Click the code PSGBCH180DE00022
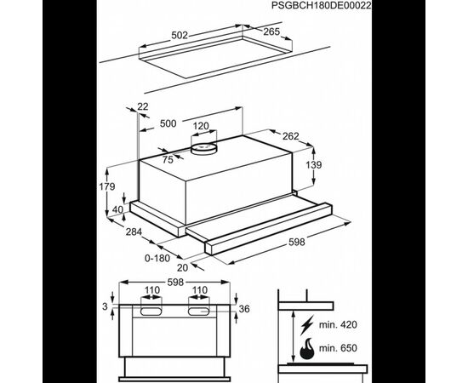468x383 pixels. tap(322, 5)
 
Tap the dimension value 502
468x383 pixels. tap(180, 35)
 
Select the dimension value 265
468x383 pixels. tap(271, 31)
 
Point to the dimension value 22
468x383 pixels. tap(143, 106)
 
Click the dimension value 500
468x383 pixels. tap(168, 123)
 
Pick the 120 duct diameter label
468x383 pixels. tap(201, 126)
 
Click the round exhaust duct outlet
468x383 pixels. tap(204, 148)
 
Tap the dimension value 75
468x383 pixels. tap(168, 160)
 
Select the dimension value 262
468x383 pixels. tap(291, 136)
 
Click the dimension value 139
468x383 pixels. tap(314, 164)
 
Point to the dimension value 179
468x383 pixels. tap(107, 186)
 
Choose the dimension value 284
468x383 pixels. tap(134, 232)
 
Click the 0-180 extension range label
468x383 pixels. tap(157, 258)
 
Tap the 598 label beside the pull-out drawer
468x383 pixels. tap(297, 242)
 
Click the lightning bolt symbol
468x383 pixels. tap(307, 325)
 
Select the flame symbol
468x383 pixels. tap(307, 348)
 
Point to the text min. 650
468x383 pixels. tap(338, 348)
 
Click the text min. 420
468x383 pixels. tap(338, 324)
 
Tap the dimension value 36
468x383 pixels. tap(244, 309)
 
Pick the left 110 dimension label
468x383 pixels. tap(152, 290)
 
